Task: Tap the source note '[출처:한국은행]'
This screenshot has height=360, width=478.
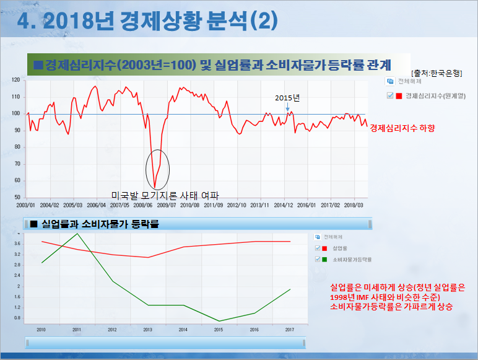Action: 436,73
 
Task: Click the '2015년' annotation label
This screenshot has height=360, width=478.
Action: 287,98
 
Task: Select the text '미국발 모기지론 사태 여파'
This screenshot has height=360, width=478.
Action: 165,195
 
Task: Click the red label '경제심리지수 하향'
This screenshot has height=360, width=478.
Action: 402,128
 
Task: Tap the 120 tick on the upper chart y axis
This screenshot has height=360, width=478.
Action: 17,81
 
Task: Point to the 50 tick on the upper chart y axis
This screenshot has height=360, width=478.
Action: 18,197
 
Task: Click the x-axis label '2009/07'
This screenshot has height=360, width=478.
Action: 167,204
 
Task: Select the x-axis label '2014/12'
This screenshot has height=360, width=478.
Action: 284,204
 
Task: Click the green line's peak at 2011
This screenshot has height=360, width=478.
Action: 77,234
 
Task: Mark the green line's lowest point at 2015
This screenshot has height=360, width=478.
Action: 219,321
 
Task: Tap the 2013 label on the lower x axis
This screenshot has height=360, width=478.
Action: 147,330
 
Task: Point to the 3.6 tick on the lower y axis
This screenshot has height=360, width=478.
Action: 17,244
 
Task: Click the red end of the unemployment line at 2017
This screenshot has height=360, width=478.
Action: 290,242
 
